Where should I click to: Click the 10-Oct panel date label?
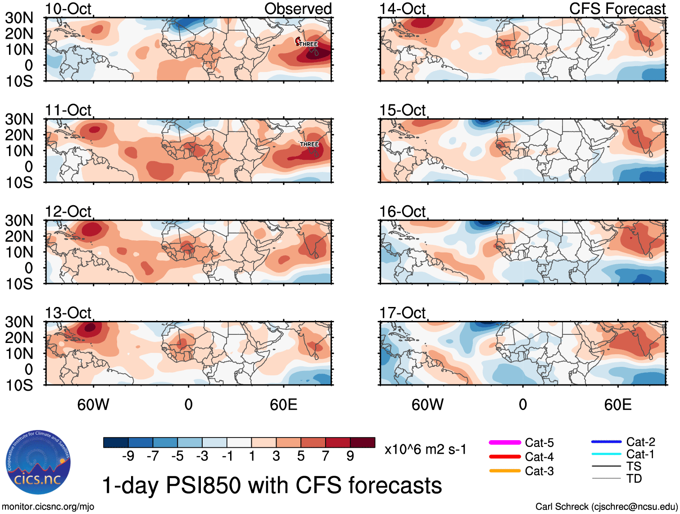tap(68, 9)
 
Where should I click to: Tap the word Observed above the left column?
tap(298, 9)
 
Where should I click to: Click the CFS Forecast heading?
tap(617, 9)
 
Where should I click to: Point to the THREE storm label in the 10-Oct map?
tap(308, 44)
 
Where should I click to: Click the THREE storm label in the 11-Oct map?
tap(309, 144)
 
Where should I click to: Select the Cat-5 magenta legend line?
tap(505, 443)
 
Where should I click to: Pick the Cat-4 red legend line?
tap(505, 457)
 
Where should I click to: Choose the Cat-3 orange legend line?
tap(505, 471)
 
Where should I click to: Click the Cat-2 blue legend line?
tap(606, 442)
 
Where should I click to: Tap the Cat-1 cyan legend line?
tap(606, 454)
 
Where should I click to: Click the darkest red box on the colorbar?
tap(363, 442)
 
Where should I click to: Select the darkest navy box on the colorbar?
tap(116, 442)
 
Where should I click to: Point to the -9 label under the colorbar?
tap(128, 456)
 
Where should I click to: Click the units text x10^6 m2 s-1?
tap(425, 450)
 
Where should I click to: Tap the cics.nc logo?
tap(38, 463)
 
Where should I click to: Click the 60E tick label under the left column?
tap(283, 405)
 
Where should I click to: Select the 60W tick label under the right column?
tap(427, 405)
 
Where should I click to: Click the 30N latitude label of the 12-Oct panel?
tap(19, 221)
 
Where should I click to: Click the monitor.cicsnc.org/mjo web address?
tap(48, 507)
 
